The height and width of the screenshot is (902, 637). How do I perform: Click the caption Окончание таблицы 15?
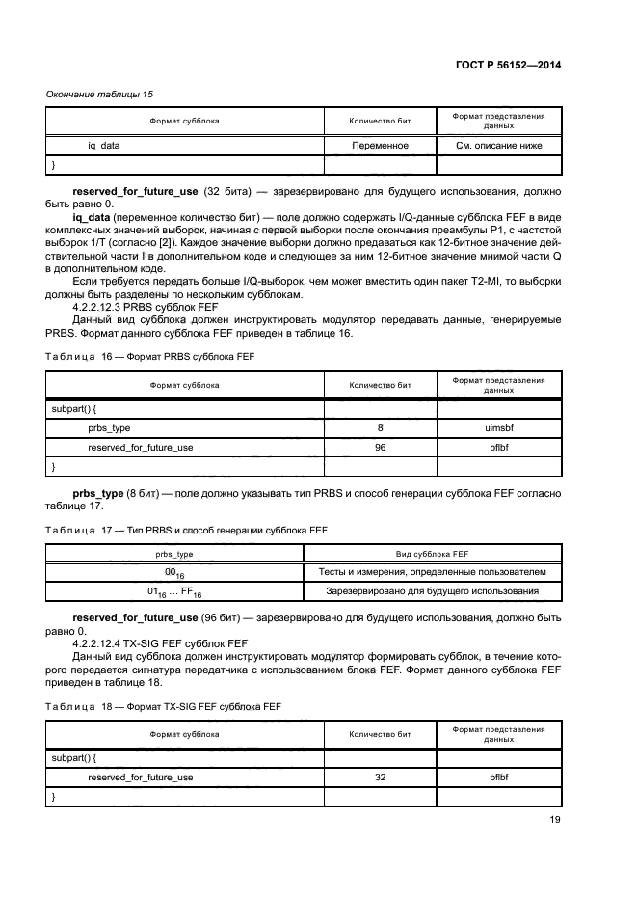coord(100,94)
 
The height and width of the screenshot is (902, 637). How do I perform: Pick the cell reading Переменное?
coord(380,146)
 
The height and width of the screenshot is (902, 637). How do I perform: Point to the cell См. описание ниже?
coord(498,146)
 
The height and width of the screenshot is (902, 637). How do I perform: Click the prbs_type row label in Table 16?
coord(109,427)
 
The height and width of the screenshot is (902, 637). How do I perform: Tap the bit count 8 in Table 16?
coord(380,427)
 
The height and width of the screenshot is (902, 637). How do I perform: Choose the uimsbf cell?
coord(498,427)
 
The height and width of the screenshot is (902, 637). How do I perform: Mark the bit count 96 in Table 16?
coord(380,447)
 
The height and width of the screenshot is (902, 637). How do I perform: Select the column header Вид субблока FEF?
coord(432,554)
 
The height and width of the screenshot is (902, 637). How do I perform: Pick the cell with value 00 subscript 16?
coord(174,573)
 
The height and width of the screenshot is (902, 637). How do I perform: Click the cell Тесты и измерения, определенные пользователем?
coord(432,572)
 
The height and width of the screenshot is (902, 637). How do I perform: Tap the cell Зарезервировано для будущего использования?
coord(432,591)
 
